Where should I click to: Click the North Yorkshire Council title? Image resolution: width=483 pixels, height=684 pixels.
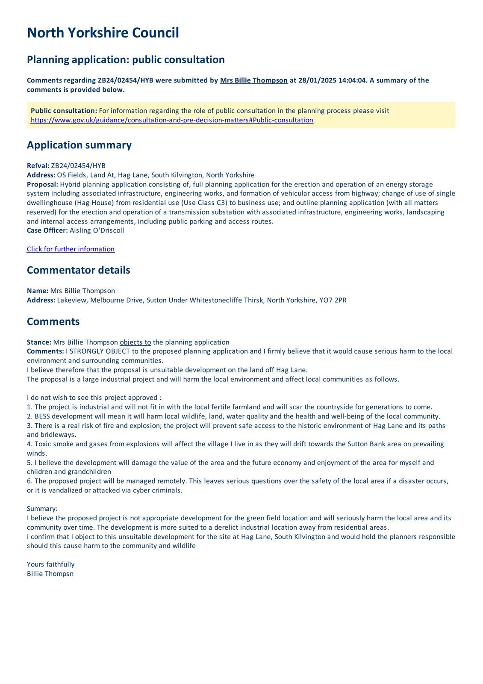pyautogui.click(x=103, y=33)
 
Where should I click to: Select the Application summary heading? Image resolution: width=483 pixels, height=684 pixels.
pyautogui.click(x=79, y=145)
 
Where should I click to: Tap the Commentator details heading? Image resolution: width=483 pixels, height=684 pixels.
pyautogui.click(x=78, y=270)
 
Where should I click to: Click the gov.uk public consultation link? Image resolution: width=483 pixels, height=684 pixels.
pyautogui.click(x=172, y=120)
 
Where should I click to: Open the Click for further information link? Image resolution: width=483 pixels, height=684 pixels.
pyautogui.click(x=71, y=249)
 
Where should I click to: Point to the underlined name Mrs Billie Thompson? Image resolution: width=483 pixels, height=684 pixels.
pyautogui.click(x=253, y=80)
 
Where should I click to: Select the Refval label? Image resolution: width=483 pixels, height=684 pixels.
pyautogui.click(x=38, y=166)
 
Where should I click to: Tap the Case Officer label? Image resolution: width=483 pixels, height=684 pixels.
pyautogui.click(x=47, y=230)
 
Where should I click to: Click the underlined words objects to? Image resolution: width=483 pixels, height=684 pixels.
pyautogui.click(x=135, y=342)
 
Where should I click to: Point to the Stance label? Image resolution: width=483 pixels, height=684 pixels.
pyautogui.click(x=39, y=342)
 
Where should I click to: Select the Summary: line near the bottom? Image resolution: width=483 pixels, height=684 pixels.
pyautogui.click(x=42, y=509)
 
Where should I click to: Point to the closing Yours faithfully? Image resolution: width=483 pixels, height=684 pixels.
pyautogui.click(x=50, y=564)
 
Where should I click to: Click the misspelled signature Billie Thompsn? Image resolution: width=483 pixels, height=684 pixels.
pyautogui.click(x=50, y=574)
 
